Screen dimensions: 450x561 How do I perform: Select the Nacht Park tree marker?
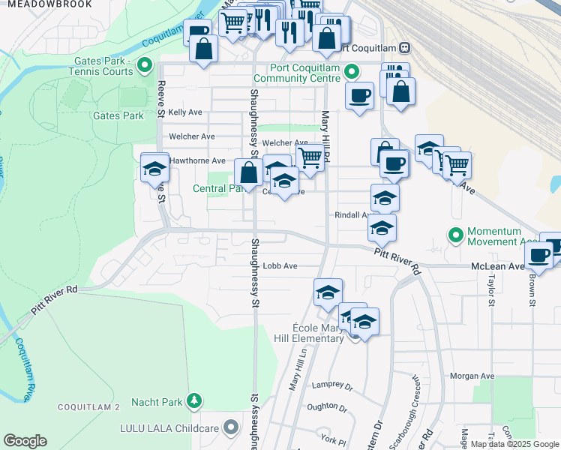pos(194,401)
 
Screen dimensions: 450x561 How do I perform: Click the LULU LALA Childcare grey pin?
pos(232,427)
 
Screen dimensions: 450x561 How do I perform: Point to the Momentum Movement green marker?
pos(454,235)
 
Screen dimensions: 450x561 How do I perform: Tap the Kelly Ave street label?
pos(185,112)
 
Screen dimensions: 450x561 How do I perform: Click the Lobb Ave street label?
pos(280,266)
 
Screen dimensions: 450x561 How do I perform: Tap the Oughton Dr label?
pos(327,409)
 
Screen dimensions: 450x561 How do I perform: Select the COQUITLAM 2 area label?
pos(89,407)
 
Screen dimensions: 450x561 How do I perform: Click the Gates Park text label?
pos(118,116)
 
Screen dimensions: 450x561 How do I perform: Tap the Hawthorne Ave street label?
pos(197,160)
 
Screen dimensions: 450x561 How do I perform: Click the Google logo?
pos(25,441)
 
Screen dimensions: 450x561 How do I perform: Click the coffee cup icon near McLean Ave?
pos(538,256)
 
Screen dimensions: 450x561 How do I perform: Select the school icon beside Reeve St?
pos(154,169)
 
